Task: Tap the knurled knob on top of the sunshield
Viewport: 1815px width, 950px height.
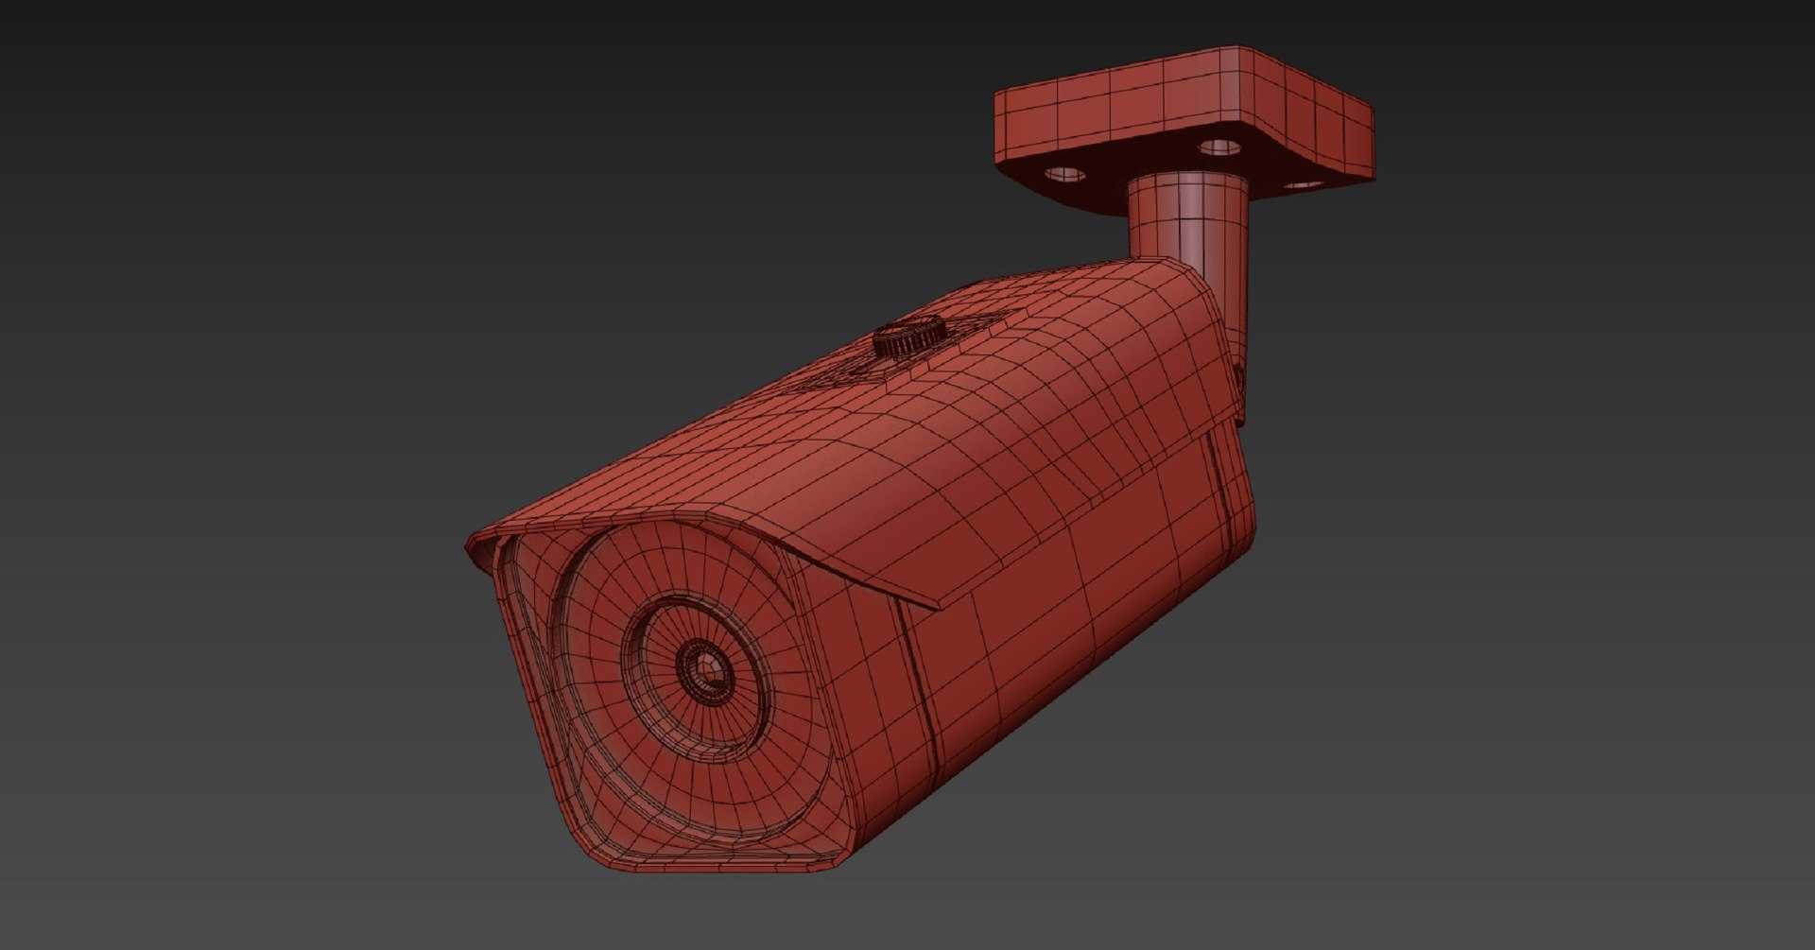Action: coord(908,337)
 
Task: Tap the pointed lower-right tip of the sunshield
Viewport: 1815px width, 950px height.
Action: coord(941,606)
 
